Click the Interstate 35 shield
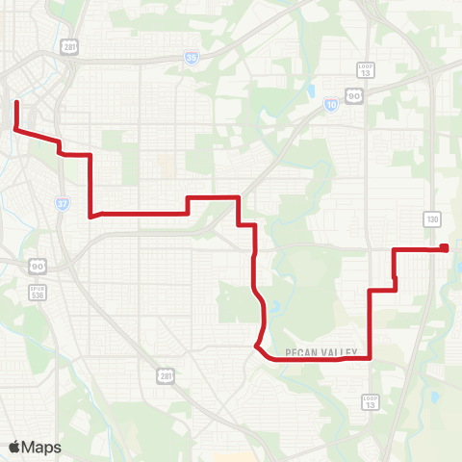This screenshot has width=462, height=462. [x=192, y=58]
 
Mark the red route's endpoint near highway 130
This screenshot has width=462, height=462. [x=445, y=248]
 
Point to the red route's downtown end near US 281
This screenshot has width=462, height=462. [x=16, y=100]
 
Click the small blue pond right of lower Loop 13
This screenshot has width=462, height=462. [x=435, y=396]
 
